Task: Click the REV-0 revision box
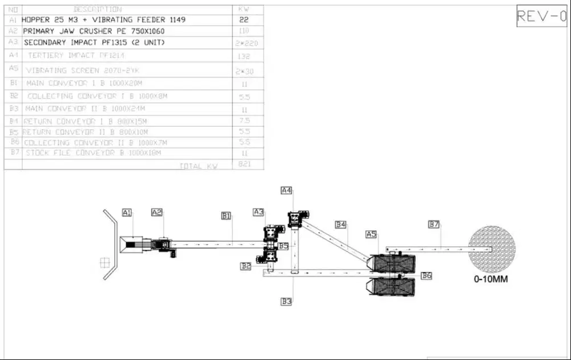[541, 17]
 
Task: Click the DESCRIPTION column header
[98, 9]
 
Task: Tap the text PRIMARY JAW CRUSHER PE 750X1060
[94, 31]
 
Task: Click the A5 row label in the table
[14, 68]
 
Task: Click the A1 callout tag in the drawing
[127, 213]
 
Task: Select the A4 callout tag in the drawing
[286, 190]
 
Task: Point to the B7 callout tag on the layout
[434, 225]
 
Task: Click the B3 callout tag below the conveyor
[286, 301]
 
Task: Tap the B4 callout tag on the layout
[341, 225]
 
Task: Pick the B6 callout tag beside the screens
[426, 276]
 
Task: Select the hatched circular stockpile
[492, 249]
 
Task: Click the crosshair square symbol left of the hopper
[104, 262]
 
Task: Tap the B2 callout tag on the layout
[246, 266]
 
